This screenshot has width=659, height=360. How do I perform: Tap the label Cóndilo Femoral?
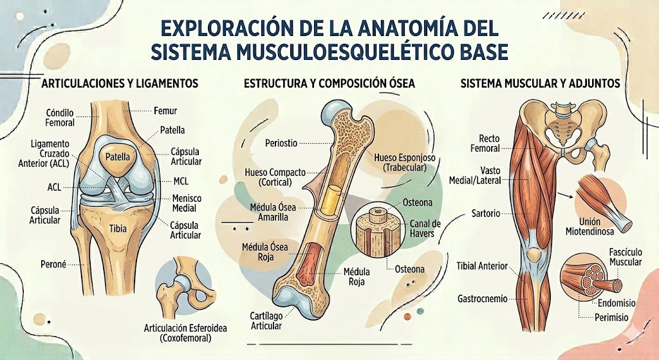[x=60, y=118]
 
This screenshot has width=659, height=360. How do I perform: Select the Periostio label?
[x=282, y=142]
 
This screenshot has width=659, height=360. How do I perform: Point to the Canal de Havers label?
[x=426, y=228]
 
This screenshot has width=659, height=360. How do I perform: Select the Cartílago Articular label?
[x=266, y=321]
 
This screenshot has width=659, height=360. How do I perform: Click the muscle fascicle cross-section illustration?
[x=589, y=277]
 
